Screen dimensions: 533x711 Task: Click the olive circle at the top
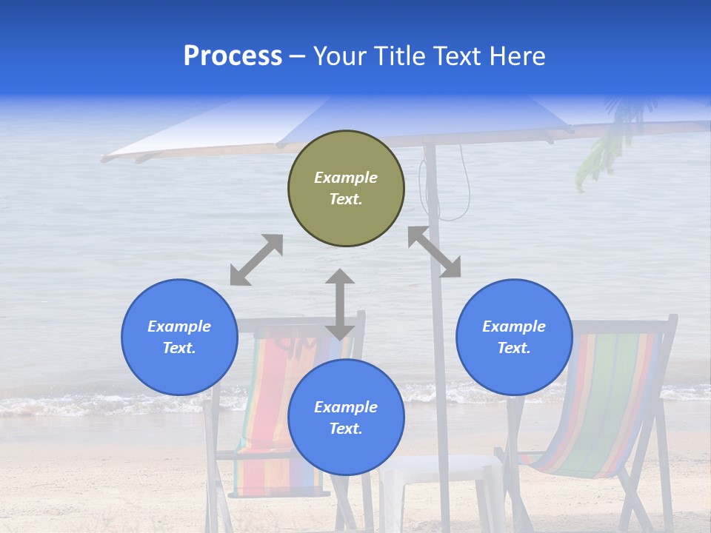tap(346, 189)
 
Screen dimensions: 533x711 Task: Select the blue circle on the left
tap(179, 337)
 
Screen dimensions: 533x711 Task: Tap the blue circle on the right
tap(514, 337)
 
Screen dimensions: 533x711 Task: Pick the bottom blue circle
tap(346, 418)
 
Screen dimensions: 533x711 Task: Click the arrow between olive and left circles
tap(256, 260)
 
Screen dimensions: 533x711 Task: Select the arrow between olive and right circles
tap(435, 252)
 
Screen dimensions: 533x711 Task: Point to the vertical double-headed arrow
tap(340, 304)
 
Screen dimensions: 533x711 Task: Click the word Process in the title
tap(233, 56)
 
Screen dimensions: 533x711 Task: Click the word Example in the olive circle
tap(346, 178)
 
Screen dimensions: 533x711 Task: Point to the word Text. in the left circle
tap(179, 348)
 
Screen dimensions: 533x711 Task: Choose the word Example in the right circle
tap(514, 326)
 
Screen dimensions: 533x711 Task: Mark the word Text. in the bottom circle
tap(346, 429)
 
